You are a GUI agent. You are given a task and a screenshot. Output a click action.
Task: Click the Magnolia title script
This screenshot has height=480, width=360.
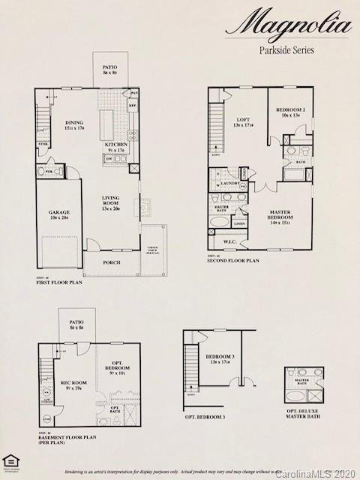coord(288,27)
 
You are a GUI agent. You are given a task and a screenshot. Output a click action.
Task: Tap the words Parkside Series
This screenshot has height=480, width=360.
coord(286,51)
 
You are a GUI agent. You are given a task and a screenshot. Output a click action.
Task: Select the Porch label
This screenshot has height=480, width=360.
coord(112,262)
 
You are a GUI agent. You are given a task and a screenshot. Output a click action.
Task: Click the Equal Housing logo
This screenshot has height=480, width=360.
coord(10,461)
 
